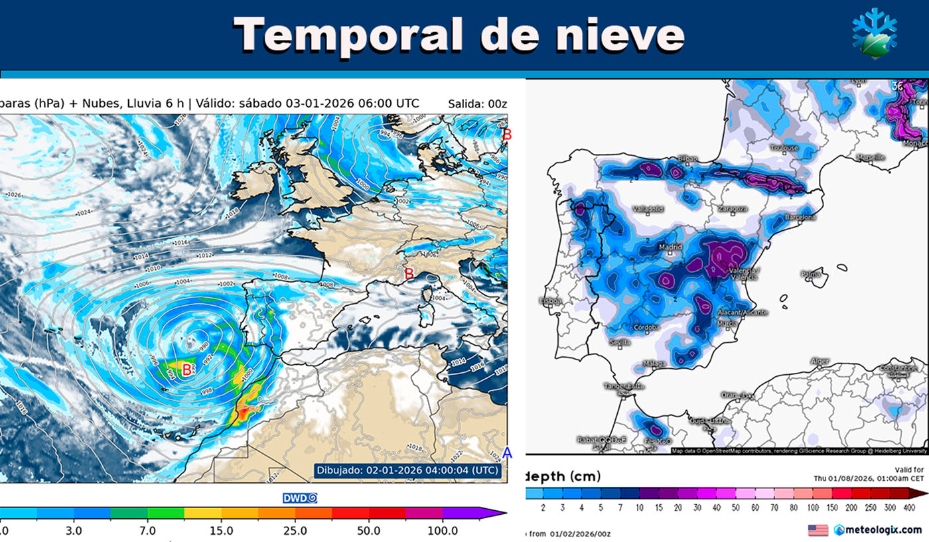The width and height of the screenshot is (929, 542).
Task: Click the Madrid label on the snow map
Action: (x=670, y=247)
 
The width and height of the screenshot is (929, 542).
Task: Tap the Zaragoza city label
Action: (x=733, y=208)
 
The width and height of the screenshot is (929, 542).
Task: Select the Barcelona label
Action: (x=800, y=217)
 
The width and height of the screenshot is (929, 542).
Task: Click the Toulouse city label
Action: (x=784, y=148)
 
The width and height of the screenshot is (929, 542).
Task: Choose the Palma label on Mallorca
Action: (x=811, y=273)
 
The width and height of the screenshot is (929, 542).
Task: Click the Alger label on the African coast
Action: (x=820, y=361)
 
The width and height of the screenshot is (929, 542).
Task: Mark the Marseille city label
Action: (x=870, y=157)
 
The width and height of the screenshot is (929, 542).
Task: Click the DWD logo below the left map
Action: (x=300, y=498)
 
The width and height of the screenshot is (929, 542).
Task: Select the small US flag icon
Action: (x=818, y=530)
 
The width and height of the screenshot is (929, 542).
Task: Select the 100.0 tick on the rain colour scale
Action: (x=443, y=531)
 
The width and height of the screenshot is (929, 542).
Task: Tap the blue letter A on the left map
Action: (x=507, y=453)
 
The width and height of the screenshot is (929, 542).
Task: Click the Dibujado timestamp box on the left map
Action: (x=407, y=470)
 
